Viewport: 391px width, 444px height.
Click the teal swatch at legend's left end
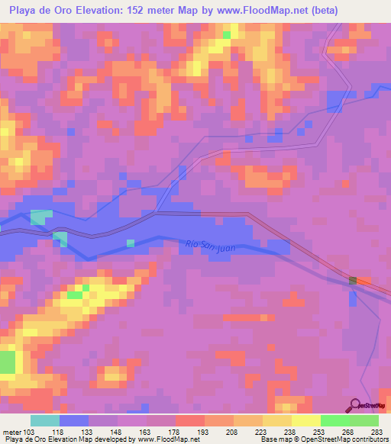coord(44,420)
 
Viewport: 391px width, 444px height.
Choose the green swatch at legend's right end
coord(364,420)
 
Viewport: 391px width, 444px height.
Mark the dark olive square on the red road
coord(353,282)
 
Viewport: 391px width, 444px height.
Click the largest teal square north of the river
coord(40,217)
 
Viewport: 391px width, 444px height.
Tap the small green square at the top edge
coord(226,34)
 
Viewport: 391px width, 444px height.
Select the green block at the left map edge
coord(7,362)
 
